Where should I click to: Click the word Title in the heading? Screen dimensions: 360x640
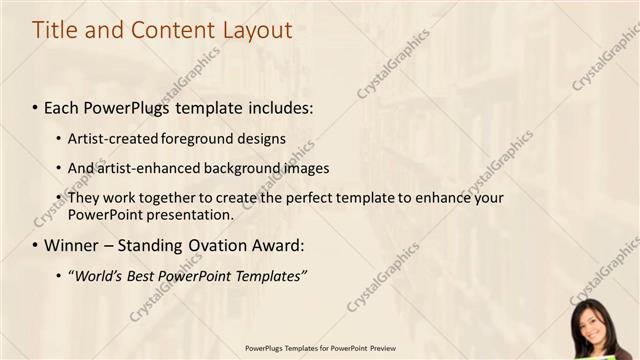pyautogui.click(x=55, y=30)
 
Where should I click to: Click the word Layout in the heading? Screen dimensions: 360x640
pyautogui.click(x=257, y=30)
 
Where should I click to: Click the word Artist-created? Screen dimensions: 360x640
pyautogui.click(x=110, y=138)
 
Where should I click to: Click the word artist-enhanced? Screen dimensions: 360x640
pyautogui.click(x=146, y=168)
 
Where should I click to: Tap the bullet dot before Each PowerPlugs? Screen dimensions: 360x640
pyautogui.click(x=36, y=107)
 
